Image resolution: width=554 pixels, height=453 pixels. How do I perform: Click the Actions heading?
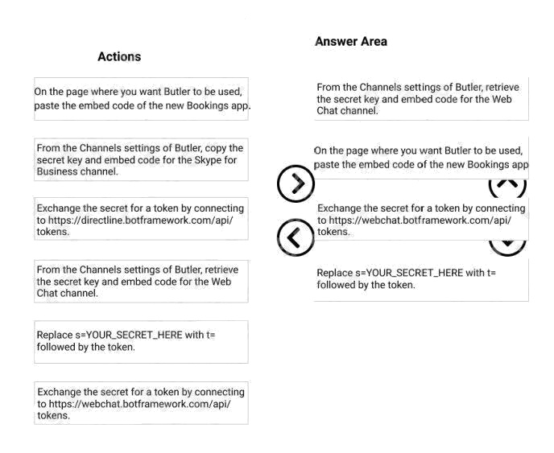tap(119, 56)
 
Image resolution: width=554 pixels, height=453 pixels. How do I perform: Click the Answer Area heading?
tap(350, 41)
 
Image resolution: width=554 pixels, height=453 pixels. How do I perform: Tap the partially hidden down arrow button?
tap(507, 241)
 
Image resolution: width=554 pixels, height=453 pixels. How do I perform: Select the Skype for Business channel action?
tap(141, 159)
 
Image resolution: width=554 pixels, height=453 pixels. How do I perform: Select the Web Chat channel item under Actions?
tap(141, 282)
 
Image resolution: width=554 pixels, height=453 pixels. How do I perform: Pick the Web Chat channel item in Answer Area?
tap(420, 99)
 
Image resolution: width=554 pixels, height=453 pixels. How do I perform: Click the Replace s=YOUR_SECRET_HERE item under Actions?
tap(141, 341)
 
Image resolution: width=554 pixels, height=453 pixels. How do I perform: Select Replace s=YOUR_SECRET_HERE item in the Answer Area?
tap(420, 278)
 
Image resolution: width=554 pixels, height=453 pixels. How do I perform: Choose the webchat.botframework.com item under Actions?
tap(141, 403)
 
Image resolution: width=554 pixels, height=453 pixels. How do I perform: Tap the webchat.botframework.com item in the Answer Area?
tap(420, 220)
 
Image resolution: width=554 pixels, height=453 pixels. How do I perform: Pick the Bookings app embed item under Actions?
tap(141, 99)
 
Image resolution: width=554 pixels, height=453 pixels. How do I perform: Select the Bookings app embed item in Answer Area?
tap(420, 158)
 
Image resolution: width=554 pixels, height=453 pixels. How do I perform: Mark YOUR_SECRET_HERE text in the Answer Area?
tap(415, 273)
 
